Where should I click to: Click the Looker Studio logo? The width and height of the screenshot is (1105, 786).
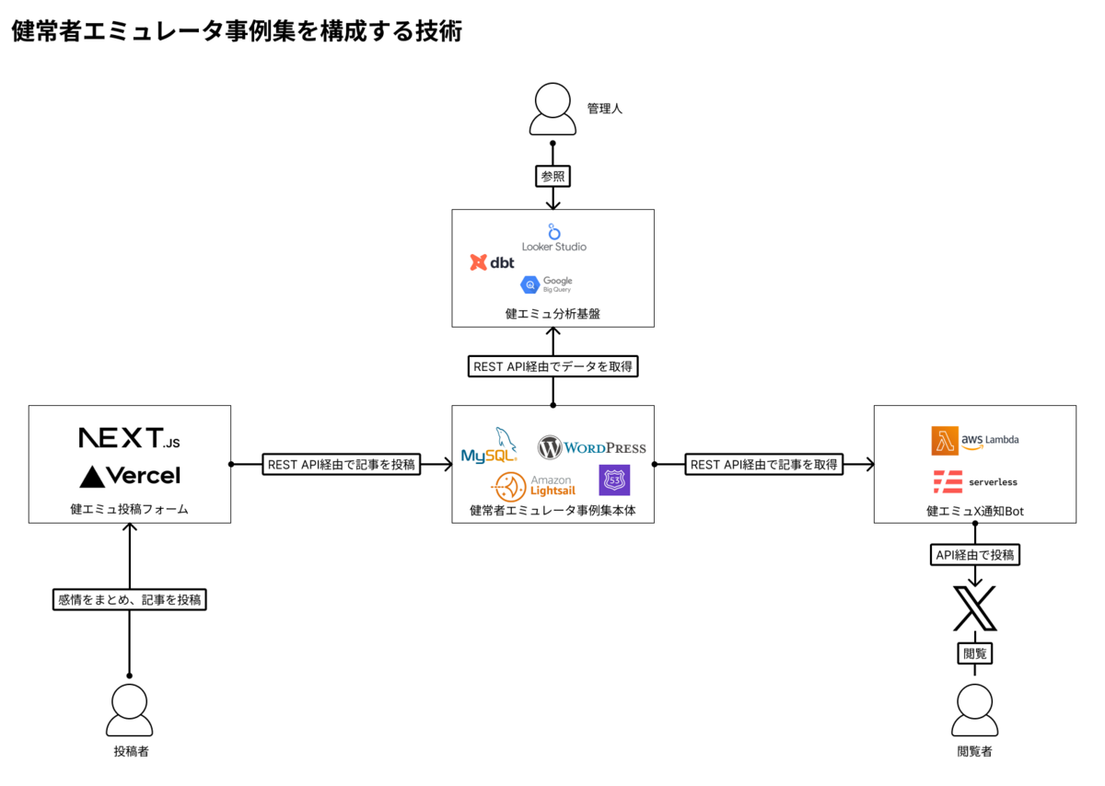pos(553,237)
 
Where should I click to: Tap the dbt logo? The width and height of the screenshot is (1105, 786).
pos(493,262)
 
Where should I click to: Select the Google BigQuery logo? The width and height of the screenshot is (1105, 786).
pos(546,285)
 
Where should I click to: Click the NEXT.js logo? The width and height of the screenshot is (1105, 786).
pos(129,438)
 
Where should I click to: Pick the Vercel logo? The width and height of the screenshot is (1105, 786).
pos(130,476)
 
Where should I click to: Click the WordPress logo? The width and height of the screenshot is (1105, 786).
pos(592,448)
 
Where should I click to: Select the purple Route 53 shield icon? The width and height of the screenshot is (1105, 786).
pos(614,480)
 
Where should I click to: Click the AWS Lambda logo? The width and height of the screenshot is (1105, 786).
pos(974,441)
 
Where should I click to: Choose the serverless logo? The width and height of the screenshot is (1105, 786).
pos(974,481)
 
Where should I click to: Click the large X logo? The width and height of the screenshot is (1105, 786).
pos(974,607)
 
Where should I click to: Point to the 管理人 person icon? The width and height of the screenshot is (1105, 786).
pos(552,110)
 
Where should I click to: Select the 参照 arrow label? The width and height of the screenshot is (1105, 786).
pos(552,175)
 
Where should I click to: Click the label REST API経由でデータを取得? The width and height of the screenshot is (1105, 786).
pos(552,366)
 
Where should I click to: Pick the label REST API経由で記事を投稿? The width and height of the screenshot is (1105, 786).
pos(342,465)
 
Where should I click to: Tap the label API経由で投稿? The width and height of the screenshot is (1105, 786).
pos(974,555)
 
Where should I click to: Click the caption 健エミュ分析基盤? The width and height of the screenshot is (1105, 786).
pos(552,314)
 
